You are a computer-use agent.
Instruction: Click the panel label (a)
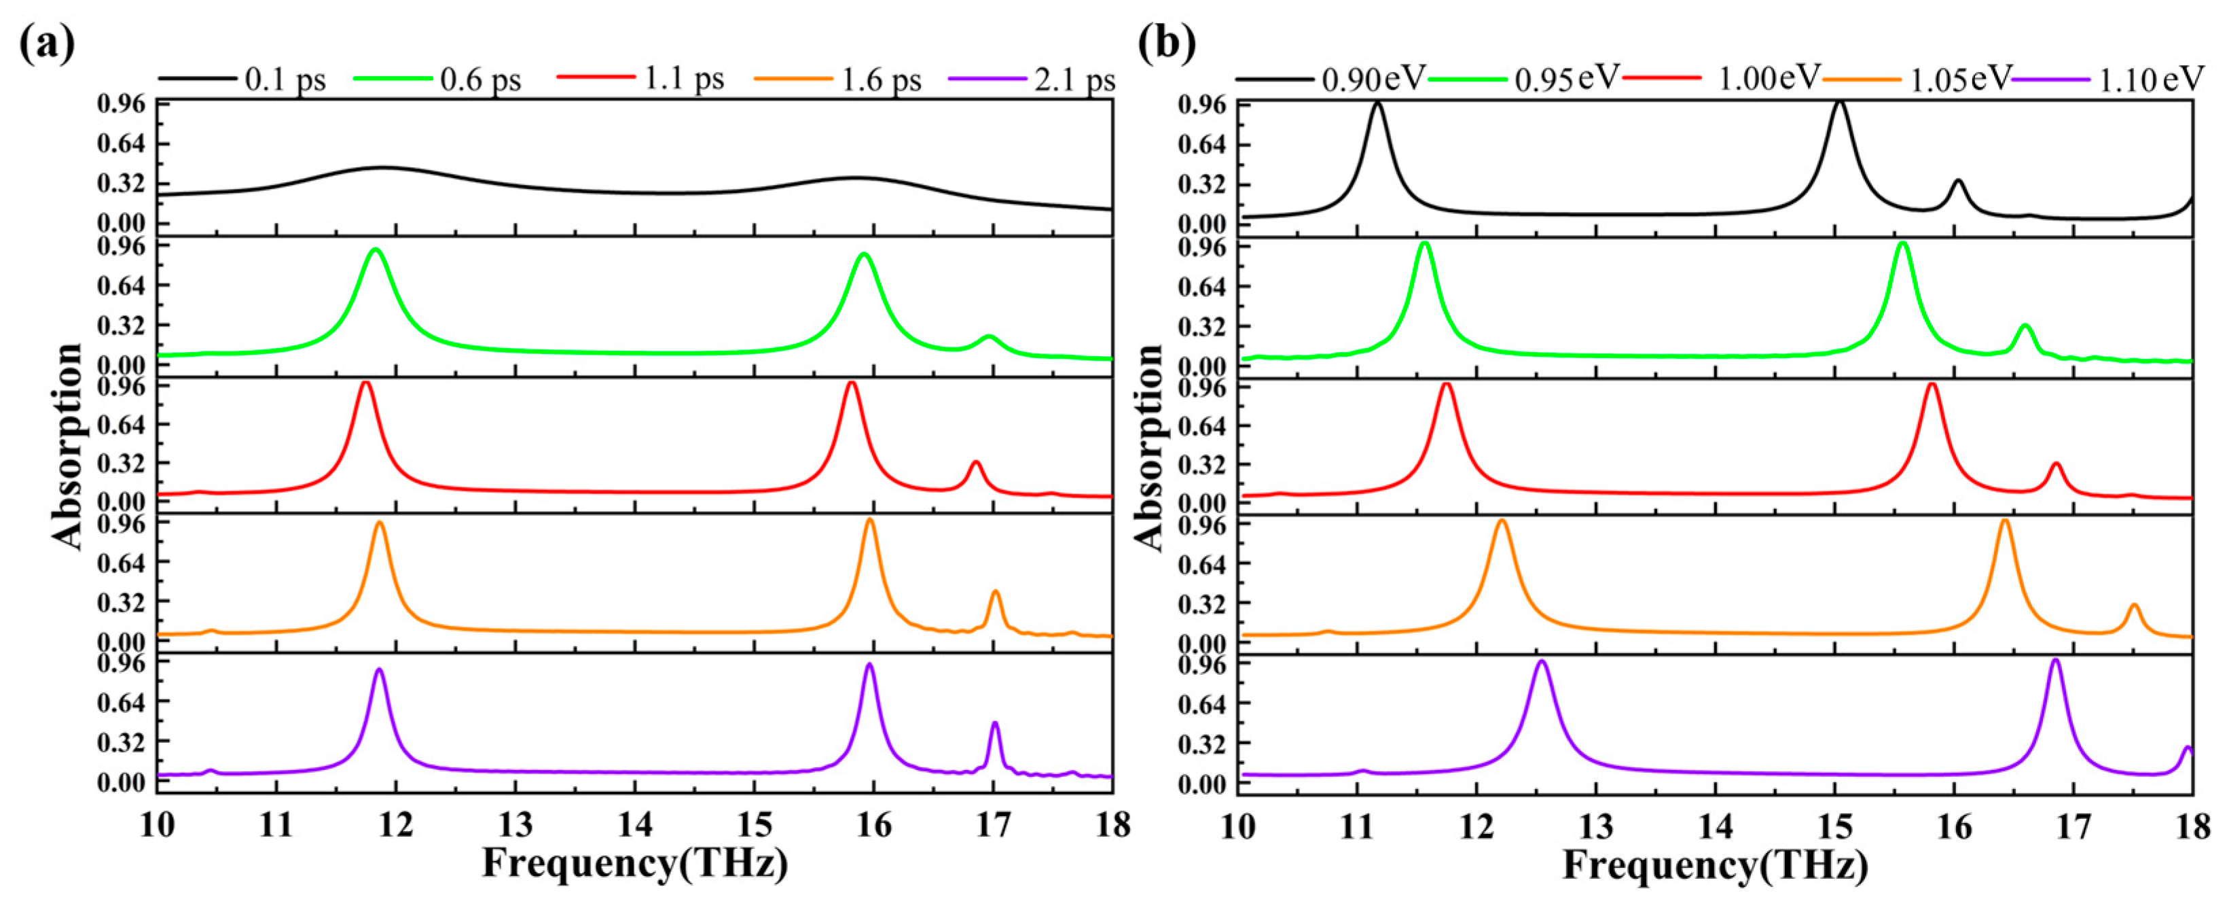tap(48, 43)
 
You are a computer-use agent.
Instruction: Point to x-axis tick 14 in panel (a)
tap(635, 825)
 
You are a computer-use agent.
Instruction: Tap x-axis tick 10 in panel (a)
tap(157, 825)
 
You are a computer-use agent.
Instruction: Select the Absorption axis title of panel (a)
tap(67, 446)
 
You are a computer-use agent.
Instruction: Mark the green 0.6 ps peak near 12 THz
tap(375, 250)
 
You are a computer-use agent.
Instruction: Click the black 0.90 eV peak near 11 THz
tap(1377, 104)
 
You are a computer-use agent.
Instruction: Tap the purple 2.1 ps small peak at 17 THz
tap(995, 724)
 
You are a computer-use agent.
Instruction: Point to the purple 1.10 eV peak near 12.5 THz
tap(1541, 662)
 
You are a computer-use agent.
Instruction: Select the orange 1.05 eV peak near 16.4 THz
tap(2005, 521)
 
